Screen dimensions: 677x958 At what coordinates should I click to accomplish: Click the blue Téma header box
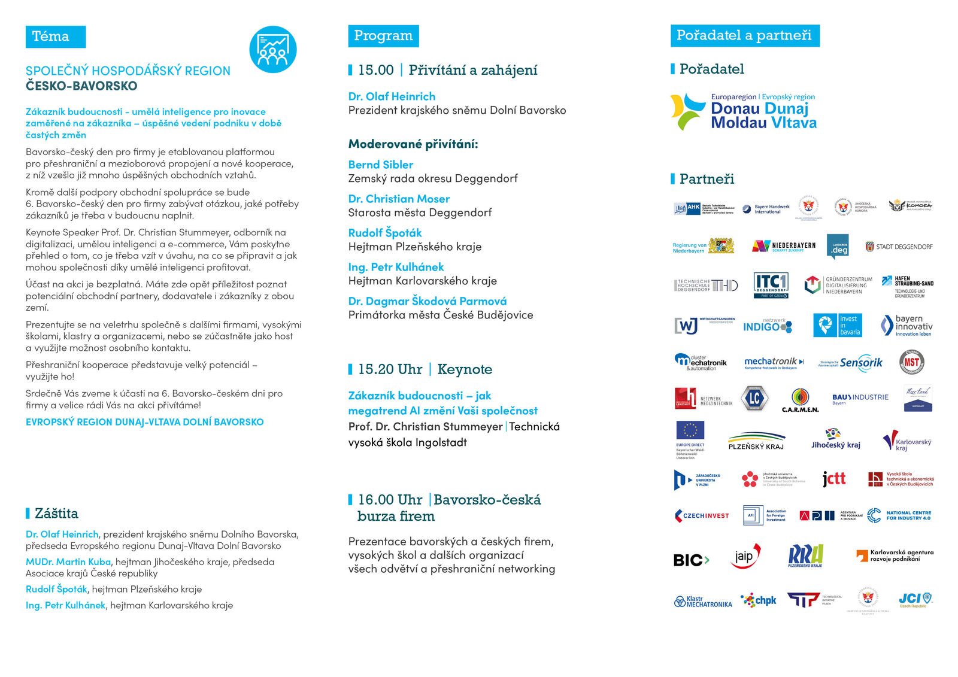[55, 37]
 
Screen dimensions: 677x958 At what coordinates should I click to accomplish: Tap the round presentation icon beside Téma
[272, 50]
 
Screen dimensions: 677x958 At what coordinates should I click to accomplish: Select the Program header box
[383, 36]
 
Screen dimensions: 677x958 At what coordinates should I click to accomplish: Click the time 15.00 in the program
[375, 70]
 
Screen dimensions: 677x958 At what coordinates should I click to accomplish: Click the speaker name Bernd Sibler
[381, 165]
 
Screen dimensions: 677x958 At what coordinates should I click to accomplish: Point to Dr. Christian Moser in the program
[399, 199]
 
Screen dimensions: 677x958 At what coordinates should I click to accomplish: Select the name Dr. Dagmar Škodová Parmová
[427, 301]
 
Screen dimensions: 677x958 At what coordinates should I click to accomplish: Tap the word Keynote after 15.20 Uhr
[465, 369]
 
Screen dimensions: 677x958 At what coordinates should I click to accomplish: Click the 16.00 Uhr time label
[390, 500]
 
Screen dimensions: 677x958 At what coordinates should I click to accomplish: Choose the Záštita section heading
[56, 514]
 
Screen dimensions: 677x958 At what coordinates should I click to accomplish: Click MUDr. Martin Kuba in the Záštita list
[68, 561]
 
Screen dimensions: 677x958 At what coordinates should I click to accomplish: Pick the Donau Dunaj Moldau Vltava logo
[743, 111]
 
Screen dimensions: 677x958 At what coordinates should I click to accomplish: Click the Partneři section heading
[707, 179]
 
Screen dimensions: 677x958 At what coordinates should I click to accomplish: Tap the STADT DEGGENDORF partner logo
[899, 247]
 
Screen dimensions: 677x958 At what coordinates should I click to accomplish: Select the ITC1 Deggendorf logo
[771, 285]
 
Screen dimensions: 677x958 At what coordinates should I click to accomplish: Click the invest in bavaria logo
[836, 325]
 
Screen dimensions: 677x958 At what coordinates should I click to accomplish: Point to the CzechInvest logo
[702, 515]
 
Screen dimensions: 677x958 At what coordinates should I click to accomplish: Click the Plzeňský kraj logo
[756, 441]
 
